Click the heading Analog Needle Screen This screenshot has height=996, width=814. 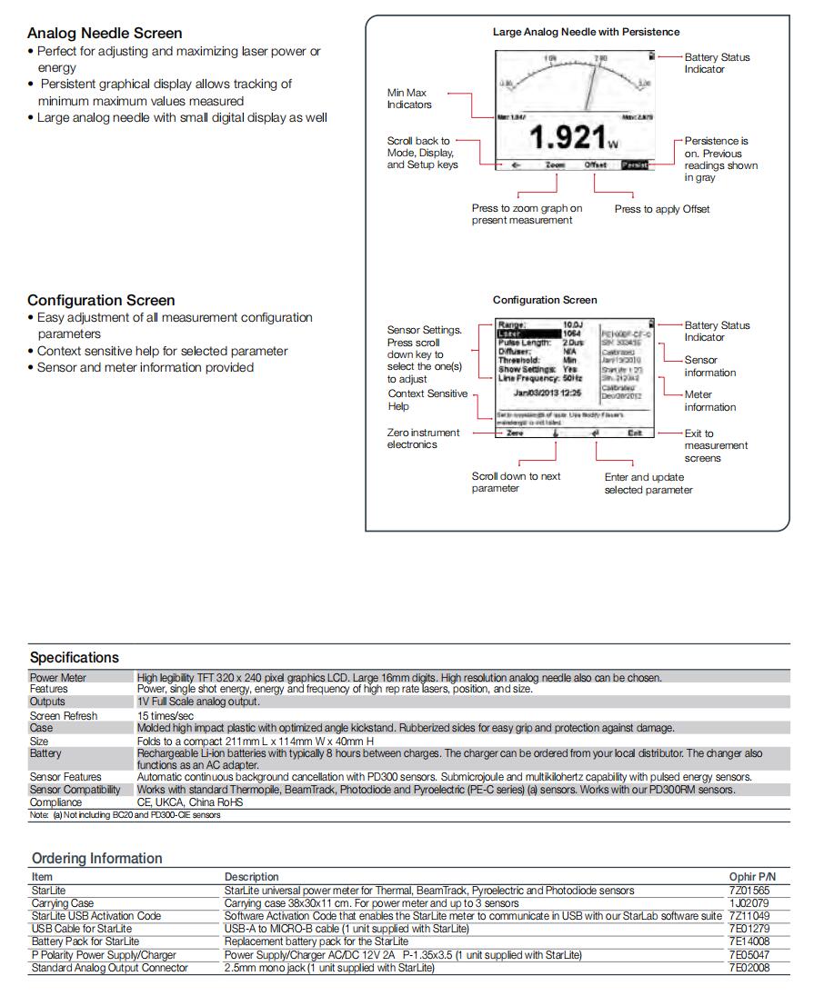(x=105, y=34)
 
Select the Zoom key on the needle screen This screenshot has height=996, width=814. (x=555, y=165)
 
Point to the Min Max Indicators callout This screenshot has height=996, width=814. (x=409, y=98)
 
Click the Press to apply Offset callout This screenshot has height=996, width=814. (x=661, y=209)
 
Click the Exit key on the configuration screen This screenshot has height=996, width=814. (x=635, y=433)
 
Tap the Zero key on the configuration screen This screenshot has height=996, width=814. (x=515, y=433)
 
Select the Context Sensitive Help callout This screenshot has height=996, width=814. (x=427, y=400)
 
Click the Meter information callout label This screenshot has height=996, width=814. (x=710, y=401)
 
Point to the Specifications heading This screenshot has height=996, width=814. (x=75, y=657)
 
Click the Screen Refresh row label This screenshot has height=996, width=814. (x=64, y=716)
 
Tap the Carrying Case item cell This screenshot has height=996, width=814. (x=63, y=903)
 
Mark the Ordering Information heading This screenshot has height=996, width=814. (x=97, y=858)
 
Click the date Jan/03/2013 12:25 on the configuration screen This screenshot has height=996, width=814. (x=548, y=393)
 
